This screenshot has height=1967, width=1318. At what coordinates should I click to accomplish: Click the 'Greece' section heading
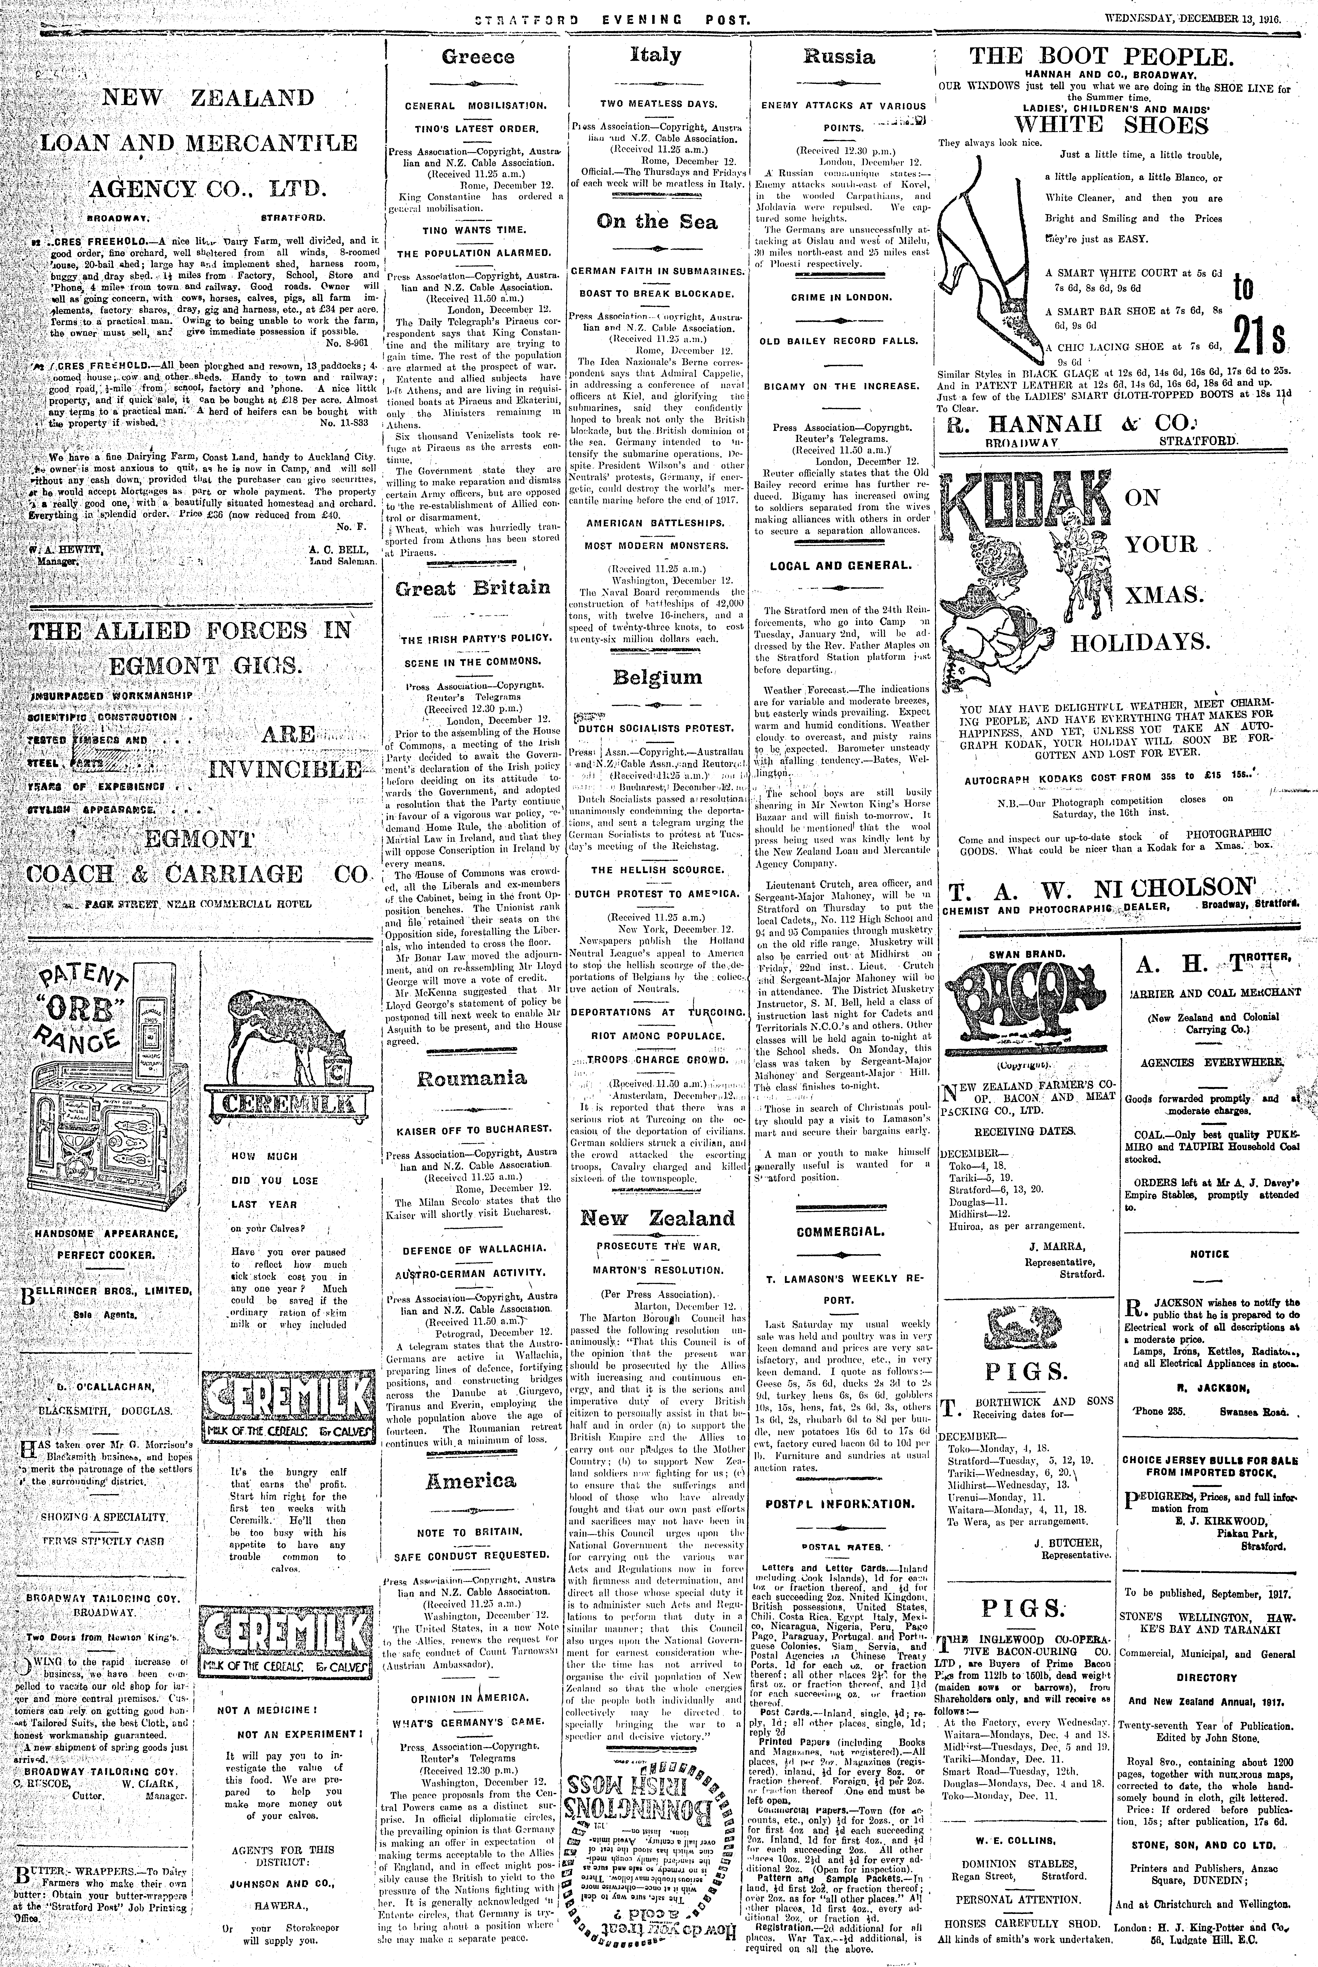(x=478, y=57)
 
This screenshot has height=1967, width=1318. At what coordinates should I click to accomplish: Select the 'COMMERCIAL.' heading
(x=840, y=1232)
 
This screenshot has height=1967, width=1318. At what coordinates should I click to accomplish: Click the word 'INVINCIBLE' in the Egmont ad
(x=286, y=769)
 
